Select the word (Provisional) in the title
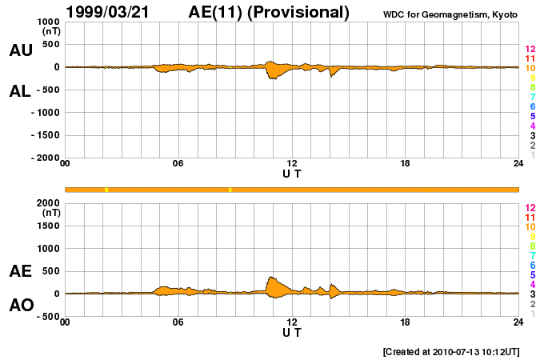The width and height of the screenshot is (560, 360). pyautogui.click(x=299, y=12)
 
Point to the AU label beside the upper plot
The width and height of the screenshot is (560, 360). pyautogui.click(x=21, y=50)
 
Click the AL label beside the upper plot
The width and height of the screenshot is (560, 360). pyautogui.click(x=21, y=91)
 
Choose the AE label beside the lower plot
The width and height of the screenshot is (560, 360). pyautogui.click(x=21, y=271)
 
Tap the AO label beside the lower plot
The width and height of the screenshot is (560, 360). pyautogui.click(x=21, y=306)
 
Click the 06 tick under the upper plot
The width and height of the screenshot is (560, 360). pyautogui.click(x=178, y=165)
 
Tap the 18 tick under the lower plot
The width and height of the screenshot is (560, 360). pyautogui.click(x=406, y=322)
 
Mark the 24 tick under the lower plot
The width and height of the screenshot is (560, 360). pyautogui.click(x=518, y=322)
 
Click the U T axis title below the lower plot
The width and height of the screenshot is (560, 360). pyautogui.click(x=292, y=332)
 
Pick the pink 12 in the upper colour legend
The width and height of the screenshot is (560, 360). pyautogui.click(x=530, y=50)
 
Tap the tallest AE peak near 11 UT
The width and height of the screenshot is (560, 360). pyautogui.click(x=270, y=277)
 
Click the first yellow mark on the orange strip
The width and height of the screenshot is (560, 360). pyautogui.click(x=106, y=190)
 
